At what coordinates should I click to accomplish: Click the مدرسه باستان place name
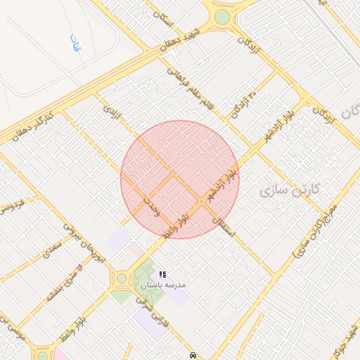pyautogui.click(x=162, y=285)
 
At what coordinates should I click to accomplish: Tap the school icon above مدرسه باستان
pyautogui.click(x=162, y=274)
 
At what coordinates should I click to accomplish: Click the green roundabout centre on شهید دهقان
pyautogui.click(x=222, y=16)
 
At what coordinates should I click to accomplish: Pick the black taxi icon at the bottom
pyautogui.click(x=193, y=355)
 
